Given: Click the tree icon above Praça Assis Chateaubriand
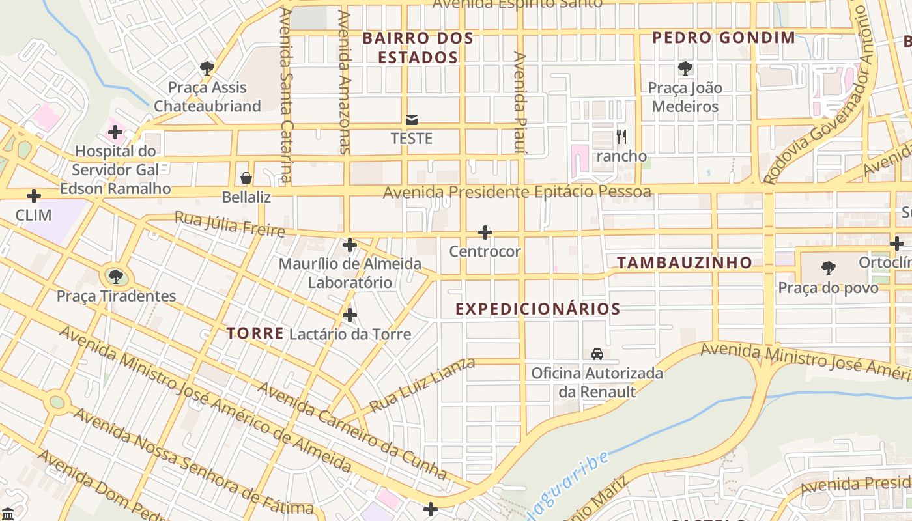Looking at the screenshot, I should pos(207,68).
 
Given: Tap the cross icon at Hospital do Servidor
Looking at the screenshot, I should pos(115,132).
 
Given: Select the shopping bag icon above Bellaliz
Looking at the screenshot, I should pos(246,178).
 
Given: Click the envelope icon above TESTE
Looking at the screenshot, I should pos(412,120).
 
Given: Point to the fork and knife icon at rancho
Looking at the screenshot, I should pos(621,137).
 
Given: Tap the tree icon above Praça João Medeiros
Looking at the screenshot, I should pos(685,68).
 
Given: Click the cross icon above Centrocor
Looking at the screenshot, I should pos(485,232).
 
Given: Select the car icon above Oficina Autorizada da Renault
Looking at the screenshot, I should pos(597,354).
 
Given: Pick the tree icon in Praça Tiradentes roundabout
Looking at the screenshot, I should pos(115,277).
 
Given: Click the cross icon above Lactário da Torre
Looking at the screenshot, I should pos(350,316).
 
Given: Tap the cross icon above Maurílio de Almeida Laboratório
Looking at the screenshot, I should pos(350,245).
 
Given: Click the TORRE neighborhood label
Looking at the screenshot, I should pos(255,333).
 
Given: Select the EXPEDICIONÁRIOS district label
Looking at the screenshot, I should pos(537,309).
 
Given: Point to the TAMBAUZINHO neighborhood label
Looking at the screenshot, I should pos(685,262).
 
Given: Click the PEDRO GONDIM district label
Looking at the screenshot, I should pos(724,38).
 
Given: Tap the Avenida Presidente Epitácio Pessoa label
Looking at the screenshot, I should pos(517,192).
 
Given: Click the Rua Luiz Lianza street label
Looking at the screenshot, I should pos(422,385).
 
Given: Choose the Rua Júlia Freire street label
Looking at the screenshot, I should pos(229,224).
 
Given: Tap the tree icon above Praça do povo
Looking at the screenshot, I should pos(828,268).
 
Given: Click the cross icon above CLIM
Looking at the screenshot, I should pos(33,196).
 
